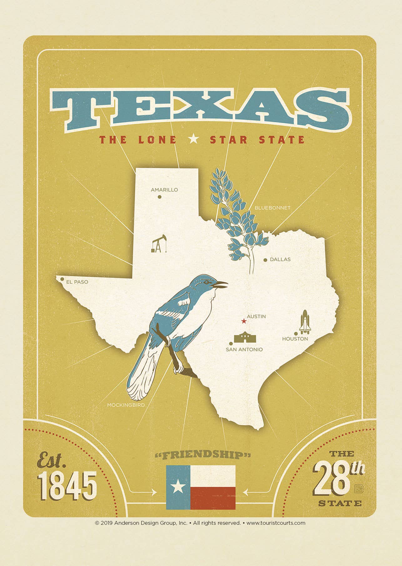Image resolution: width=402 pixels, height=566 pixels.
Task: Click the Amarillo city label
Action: click(x=164, y=190)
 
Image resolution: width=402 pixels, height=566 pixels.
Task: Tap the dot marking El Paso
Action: click(x=62, y=279)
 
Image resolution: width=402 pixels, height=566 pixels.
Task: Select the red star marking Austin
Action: click(x=244, y=321)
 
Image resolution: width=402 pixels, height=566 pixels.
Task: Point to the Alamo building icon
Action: click(x=246, y=338)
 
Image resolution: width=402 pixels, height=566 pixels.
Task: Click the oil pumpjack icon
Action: click(x=159, y=243)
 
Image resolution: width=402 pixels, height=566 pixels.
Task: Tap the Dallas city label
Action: click(x=280, y=259)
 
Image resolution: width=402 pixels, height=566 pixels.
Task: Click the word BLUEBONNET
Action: click(x=272, y=208)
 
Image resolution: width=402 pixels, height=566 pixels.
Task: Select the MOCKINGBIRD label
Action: click(x=126, y=405)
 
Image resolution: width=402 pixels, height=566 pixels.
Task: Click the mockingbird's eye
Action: click(x=206, y=282)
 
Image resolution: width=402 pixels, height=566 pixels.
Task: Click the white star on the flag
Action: click(x=178, y=486)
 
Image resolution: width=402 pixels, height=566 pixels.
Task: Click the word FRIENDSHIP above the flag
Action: click(x=203, y=455)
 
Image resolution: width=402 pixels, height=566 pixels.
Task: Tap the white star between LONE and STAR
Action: click(x=194, y=139)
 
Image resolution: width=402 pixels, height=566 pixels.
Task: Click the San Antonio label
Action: click(x=244, y=349)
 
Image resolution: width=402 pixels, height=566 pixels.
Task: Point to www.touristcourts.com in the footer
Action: click(x=276, y=523)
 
